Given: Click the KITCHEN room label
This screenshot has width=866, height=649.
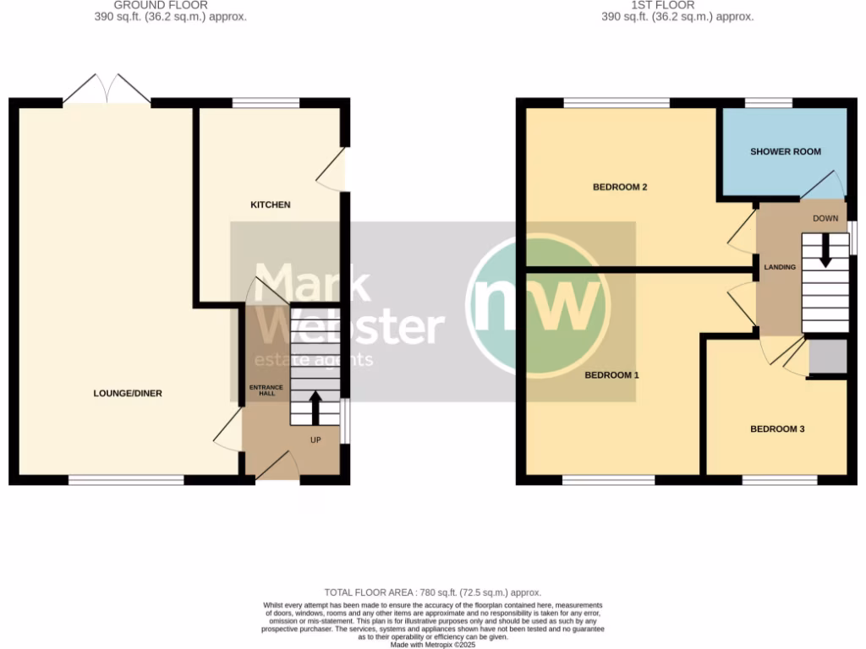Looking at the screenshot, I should click(x=271, y=205).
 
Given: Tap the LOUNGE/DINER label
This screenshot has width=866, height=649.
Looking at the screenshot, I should click(x=128, y=393).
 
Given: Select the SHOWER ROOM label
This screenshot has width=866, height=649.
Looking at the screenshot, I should click(x=786, y=152).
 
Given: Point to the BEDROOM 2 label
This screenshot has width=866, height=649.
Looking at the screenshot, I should click(x=619, y=187).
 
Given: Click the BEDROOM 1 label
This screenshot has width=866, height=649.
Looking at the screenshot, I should click(x=611, y=374).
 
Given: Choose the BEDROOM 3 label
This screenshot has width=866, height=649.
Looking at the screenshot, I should click(x=777, y=429).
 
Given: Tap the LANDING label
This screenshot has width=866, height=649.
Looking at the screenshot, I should click(x=779, y=267).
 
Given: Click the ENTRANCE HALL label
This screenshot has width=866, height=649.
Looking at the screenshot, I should click(x=261, y=390).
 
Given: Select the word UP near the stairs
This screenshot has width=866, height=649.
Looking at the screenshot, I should click(x=315, y=440).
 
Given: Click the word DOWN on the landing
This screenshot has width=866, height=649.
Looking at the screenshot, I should click(x=825, y=219).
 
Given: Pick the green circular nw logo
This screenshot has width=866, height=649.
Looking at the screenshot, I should click(x=536, y=304).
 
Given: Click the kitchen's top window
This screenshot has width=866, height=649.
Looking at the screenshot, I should click(x=266, y=103).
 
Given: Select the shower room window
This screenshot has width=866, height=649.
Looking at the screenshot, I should click(x=768, y=103).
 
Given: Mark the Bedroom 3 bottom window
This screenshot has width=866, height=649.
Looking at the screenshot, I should click(x=780, y=480).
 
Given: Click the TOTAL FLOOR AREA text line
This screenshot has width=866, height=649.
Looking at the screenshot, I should click(x=432, y=592).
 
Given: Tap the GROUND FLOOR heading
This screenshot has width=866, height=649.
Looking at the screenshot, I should click(x=161, y=5).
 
